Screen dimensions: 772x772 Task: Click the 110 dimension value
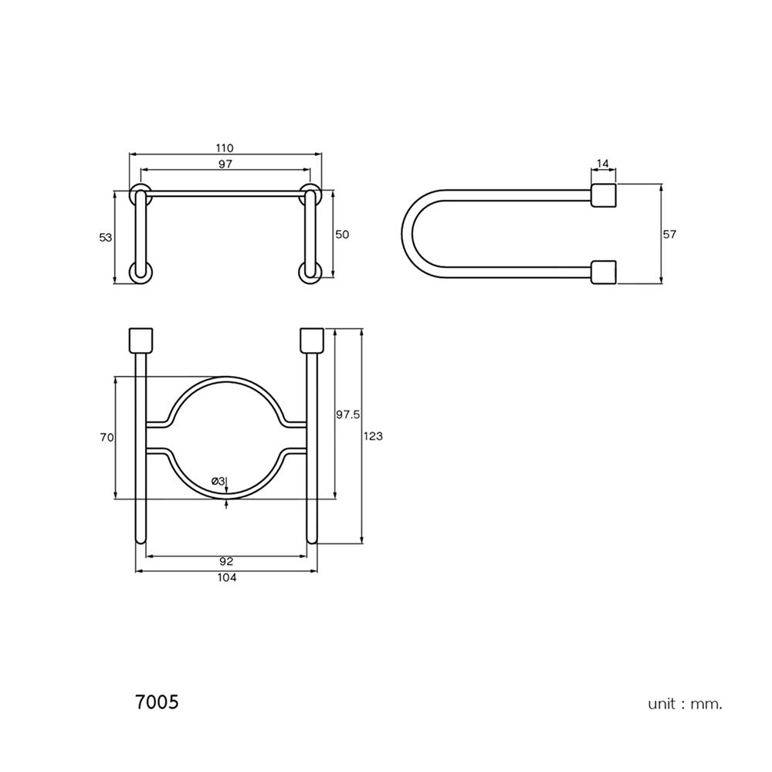[225, 147]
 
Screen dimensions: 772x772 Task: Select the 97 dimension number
[225, 164]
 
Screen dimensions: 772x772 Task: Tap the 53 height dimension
[106, 237]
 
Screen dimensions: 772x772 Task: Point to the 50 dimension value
[342, 235]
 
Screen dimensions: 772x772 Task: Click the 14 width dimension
[603, 163]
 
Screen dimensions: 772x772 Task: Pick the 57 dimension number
[669, 235]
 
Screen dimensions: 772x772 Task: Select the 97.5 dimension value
[348, 415]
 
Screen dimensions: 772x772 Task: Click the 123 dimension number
[373, 436]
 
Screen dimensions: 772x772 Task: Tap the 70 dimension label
[107, 437]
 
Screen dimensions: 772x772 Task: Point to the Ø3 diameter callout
[218, 480]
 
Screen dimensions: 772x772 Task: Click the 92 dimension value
[226, 561]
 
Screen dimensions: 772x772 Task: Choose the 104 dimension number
[226, 577]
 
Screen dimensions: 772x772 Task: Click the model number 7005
[157, 702]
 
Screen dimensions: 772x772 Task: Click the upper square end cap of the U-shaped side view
[604, 195]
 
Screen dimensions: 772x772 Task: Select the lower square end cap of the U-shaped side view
[604, 273]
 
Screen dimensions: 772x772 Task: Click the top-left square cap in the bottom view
[141, 340]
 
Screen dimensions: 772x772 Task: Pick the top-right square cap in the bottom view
[312, 340]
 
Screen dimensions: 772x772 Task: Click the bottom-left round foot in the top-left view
[141, 273]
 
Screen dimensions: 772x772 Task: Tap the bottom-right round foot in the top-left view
[310, 273]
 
